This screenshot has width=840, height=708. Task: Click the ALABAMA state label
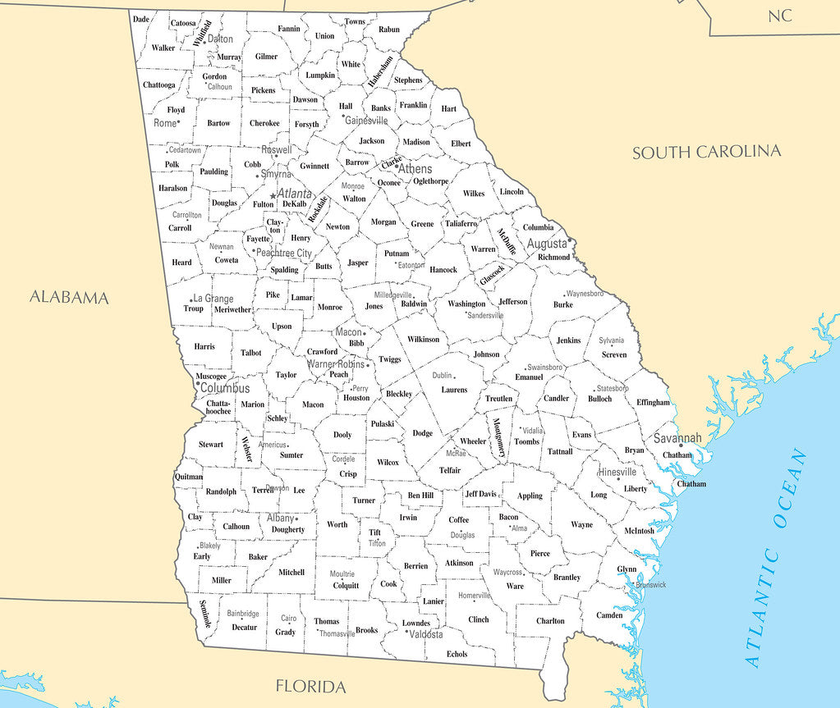point(69,297)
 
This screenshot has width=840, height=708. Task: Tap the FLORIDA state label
point(310,686)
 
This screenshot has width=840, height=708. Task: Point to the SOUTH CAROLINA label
point(706,152)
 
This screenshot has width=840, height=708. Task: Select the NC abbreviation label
point(779,16)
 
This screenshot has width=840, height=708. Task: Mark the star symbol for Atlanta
point(273,195)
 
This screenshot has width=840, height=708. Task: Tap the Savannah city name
point(677,438)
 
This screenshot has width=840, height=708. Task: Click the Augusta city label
point(547,244)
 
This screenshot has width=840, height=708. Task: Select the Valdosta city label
point(426,634)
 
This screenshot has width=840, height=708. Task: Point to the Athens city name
point(415,169)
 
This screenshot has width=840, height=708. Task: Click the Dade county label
point(141,19)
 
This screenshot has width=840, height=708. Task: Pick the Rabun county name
point(388,29)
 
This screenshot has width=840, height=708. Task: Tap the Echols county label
point(457,654)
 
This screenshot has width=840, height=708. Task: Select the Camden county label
point(609,615)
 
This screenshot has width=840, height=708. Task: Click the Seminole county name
point(205,614)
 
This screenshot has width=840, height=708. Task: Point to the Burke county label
point(563,304)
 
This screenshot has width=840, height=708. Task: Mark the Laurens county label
point(454,390)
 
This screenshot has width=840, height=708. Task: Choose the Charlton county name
point(550,621)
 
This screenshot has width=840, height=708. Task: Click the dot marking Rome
point(178,123)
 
